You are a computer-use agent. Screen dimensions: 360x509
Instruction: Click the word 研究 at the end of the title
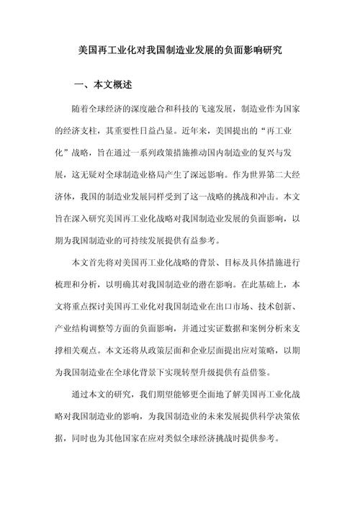point(271,52)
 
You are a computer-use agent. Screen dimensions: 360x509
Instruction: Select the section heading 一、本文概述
point(103,85)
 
